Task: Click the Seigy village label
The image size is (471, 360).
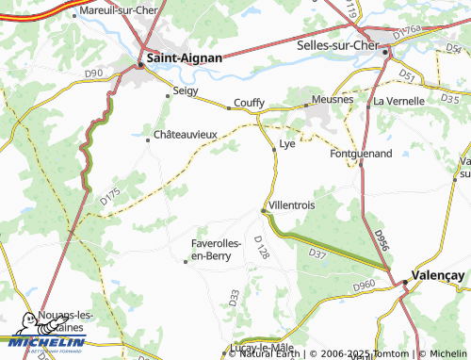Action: point(187,92)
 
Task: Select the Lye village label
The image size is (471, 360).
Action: point(287,144)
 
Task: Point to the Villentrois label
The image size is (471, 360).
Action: point(291,205)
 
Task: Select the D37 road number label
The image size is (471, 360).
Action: point(317,253)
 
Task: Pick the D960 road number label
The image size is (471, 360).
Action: point(364,285)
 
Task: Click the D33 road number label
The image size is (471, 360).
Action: point(234,297)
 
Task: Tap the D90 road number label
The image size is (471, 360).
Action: point(92,72)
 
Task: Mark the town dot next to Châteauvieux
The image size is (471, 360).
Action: point(148,139)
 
